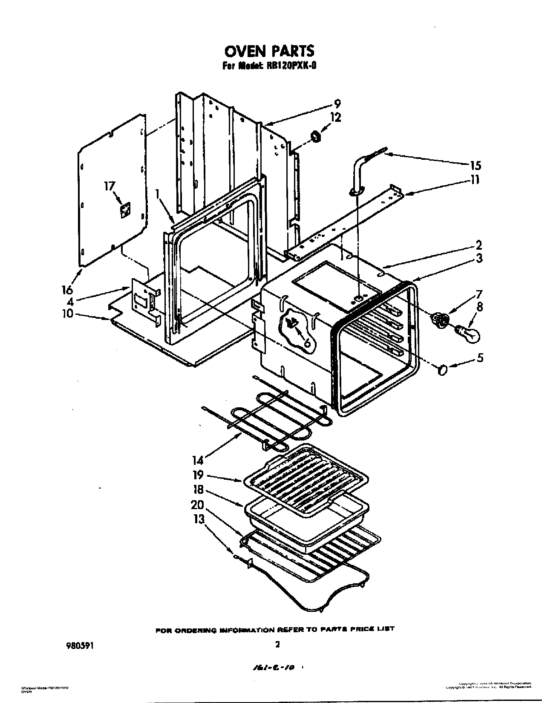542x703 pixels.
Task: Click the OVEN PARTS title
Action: point(269,51)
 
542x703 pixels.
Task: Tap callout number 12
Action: point(335,117)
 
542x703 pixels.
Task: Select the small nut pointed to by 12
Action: point(316,137)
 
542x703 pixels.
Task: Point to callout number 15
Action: point(476,165)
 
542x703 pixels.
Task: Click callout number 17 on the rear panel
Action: point(110,186)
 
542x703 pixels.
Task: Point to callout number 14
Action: point(197,460)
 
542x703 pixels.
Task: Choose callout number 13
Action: point(199,520)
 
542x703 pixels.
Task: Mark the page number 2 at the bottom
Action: point(277,645)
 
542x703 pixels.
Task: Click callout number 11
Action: point(475,180)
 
